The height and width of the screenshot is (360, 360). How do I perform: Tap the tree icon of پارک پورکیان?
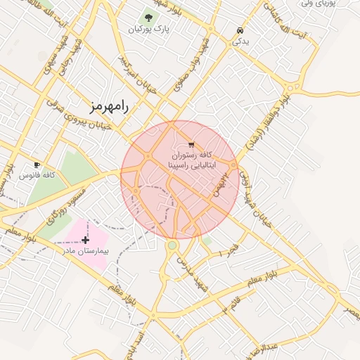click(x=148, y=17)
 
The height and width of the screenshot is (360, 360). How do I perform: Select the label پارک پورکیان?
click(x=148, y=30)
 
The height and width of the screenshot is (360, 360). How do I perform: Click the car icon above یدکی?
click(x=240, y=31)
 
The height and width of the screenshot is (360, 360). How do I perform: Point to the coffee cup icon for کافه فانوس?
click(x=37, y=165)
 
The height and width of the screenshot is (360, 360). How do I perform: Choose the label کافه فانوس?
click(x=38, y=174)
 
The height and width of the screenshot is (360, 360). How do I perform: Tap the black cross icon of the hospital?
click(x=86, y=240)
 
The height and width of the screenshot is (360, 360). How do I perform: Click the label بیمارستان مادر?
click(x=84, y=250)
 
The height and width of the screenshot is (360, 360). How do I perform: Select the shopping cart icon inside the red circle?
click(x=191, y=144)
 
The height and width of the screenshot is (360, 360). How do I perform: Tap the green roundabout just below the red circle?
click(x=172, y=245)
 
